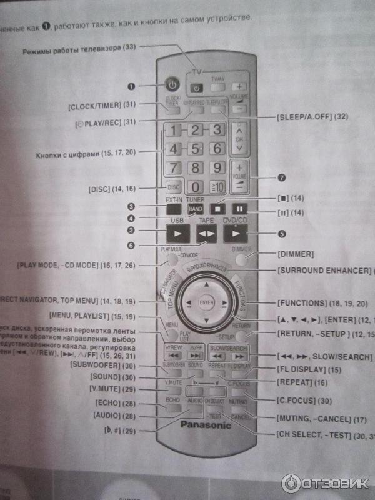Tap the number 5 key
click(195, 149)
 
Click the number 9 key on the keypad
click(217, 167)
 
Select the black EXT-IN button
click(174, 209)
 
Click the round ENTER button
click(207, 302)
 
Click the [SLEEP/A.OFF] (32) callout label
click(311, 117)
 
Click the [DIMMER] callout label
click(294, 255)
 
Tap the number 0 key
click(196, 186)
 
